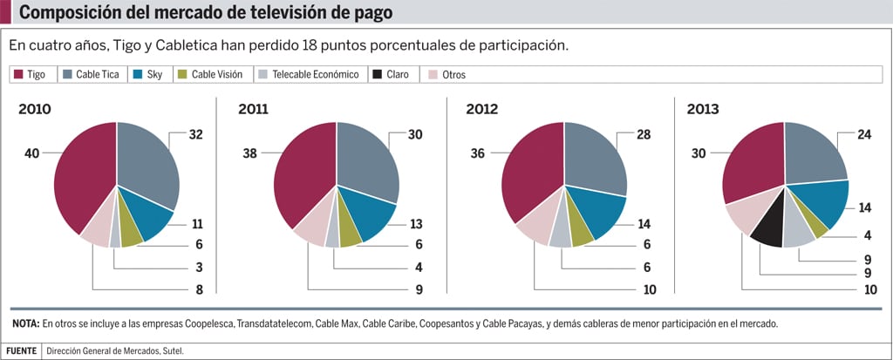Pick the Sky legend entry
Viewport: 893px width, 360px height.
pos(148,75)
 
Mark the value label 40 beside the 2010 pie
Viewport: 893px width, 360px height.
pos(33,154)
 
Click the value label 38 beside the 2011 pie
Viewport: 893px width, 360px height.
pos(250,154)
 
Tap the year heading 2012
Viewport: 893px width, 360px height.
pos(483,109)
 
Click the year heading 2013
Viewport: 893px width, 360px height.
pos(704,109)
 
